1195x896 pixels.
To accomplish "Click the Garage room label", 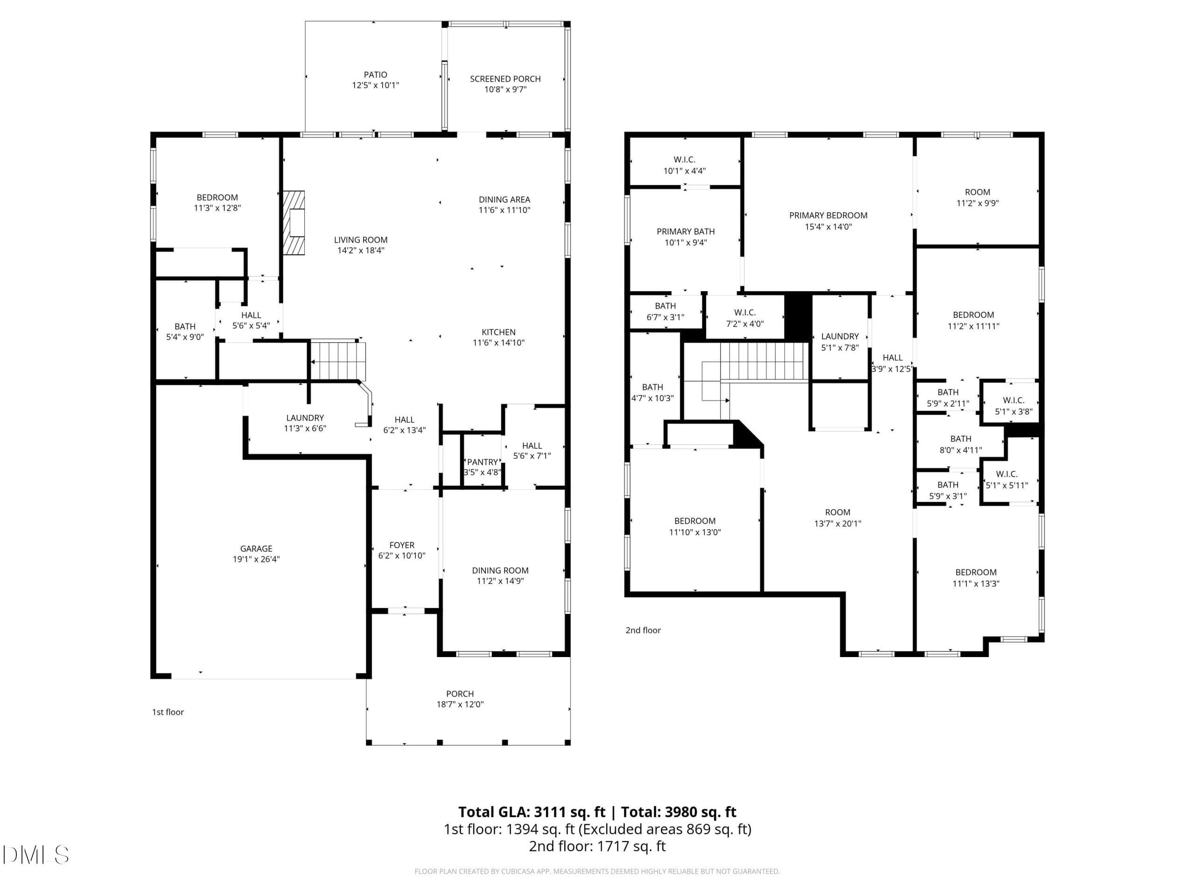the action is [x=256, y=548].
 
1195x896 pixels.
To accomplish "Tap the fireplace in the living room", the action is [x=294, y=223].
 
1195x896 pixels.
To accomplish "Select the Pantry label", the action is [x=482, y=462].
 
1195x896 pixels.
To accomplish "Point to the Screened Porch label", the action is [x=505, y=79].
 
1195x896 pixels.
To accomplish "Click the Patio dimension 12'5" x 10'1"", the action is [x=375, y=85].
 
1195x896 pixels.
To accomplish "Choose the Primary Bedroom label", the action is [x=828, y=215].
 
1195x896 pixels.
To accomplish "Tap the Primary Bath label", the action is [x=686, y=231].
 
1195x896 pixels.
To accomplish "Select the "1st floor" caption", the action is [x=168, y=712].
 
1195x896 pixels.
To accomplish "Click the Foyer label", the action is [x=402, y=545].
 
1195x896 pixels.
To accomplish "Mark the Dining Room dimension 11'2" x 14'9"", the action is [x=500, y=581].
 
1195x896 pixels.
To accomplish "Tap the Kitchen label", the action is [x=499, y=332].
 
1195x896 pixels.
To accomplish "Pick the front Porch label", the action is [x=460, y=693].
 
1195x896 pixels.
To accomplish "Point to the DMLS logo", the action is [x=35, y=854].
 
